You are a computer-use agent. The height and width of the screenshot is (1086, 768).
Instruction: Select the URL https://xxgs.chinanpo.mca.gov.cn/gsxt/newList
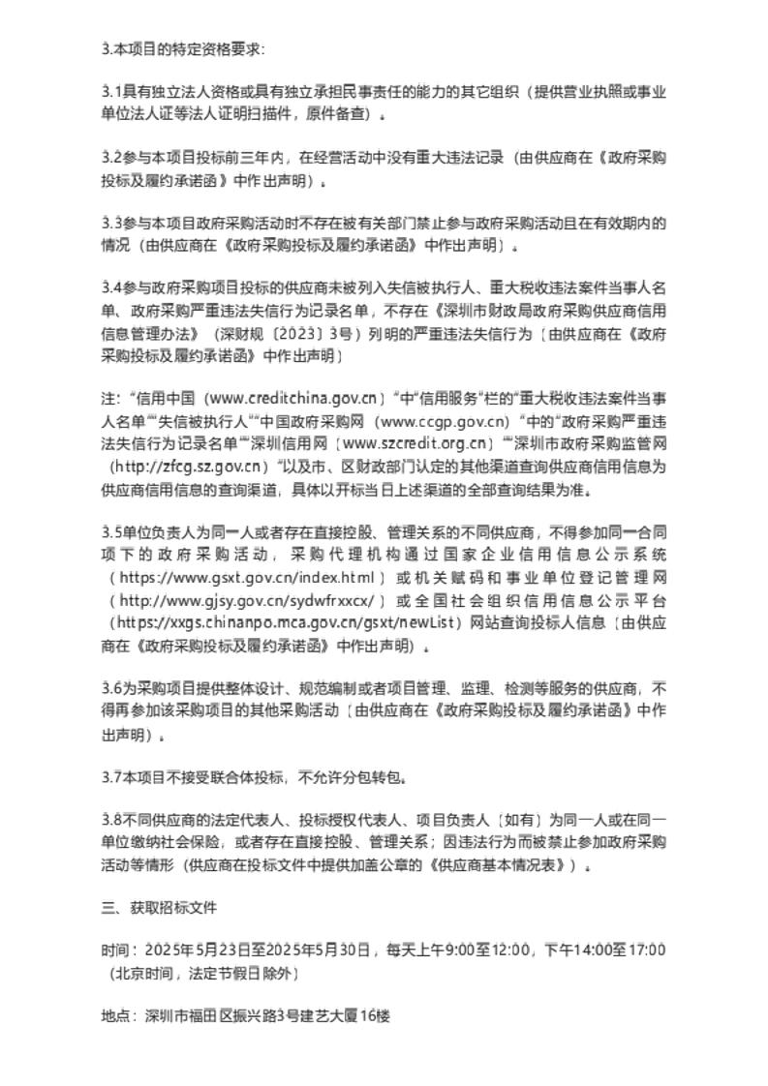click(287, 622)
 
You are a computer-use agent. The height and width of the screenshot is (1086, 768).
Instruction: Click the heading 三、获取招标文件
click(160, 909)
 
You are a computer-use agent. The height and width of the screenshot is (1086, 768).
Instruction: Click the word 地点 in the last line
click(114, 1016)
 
